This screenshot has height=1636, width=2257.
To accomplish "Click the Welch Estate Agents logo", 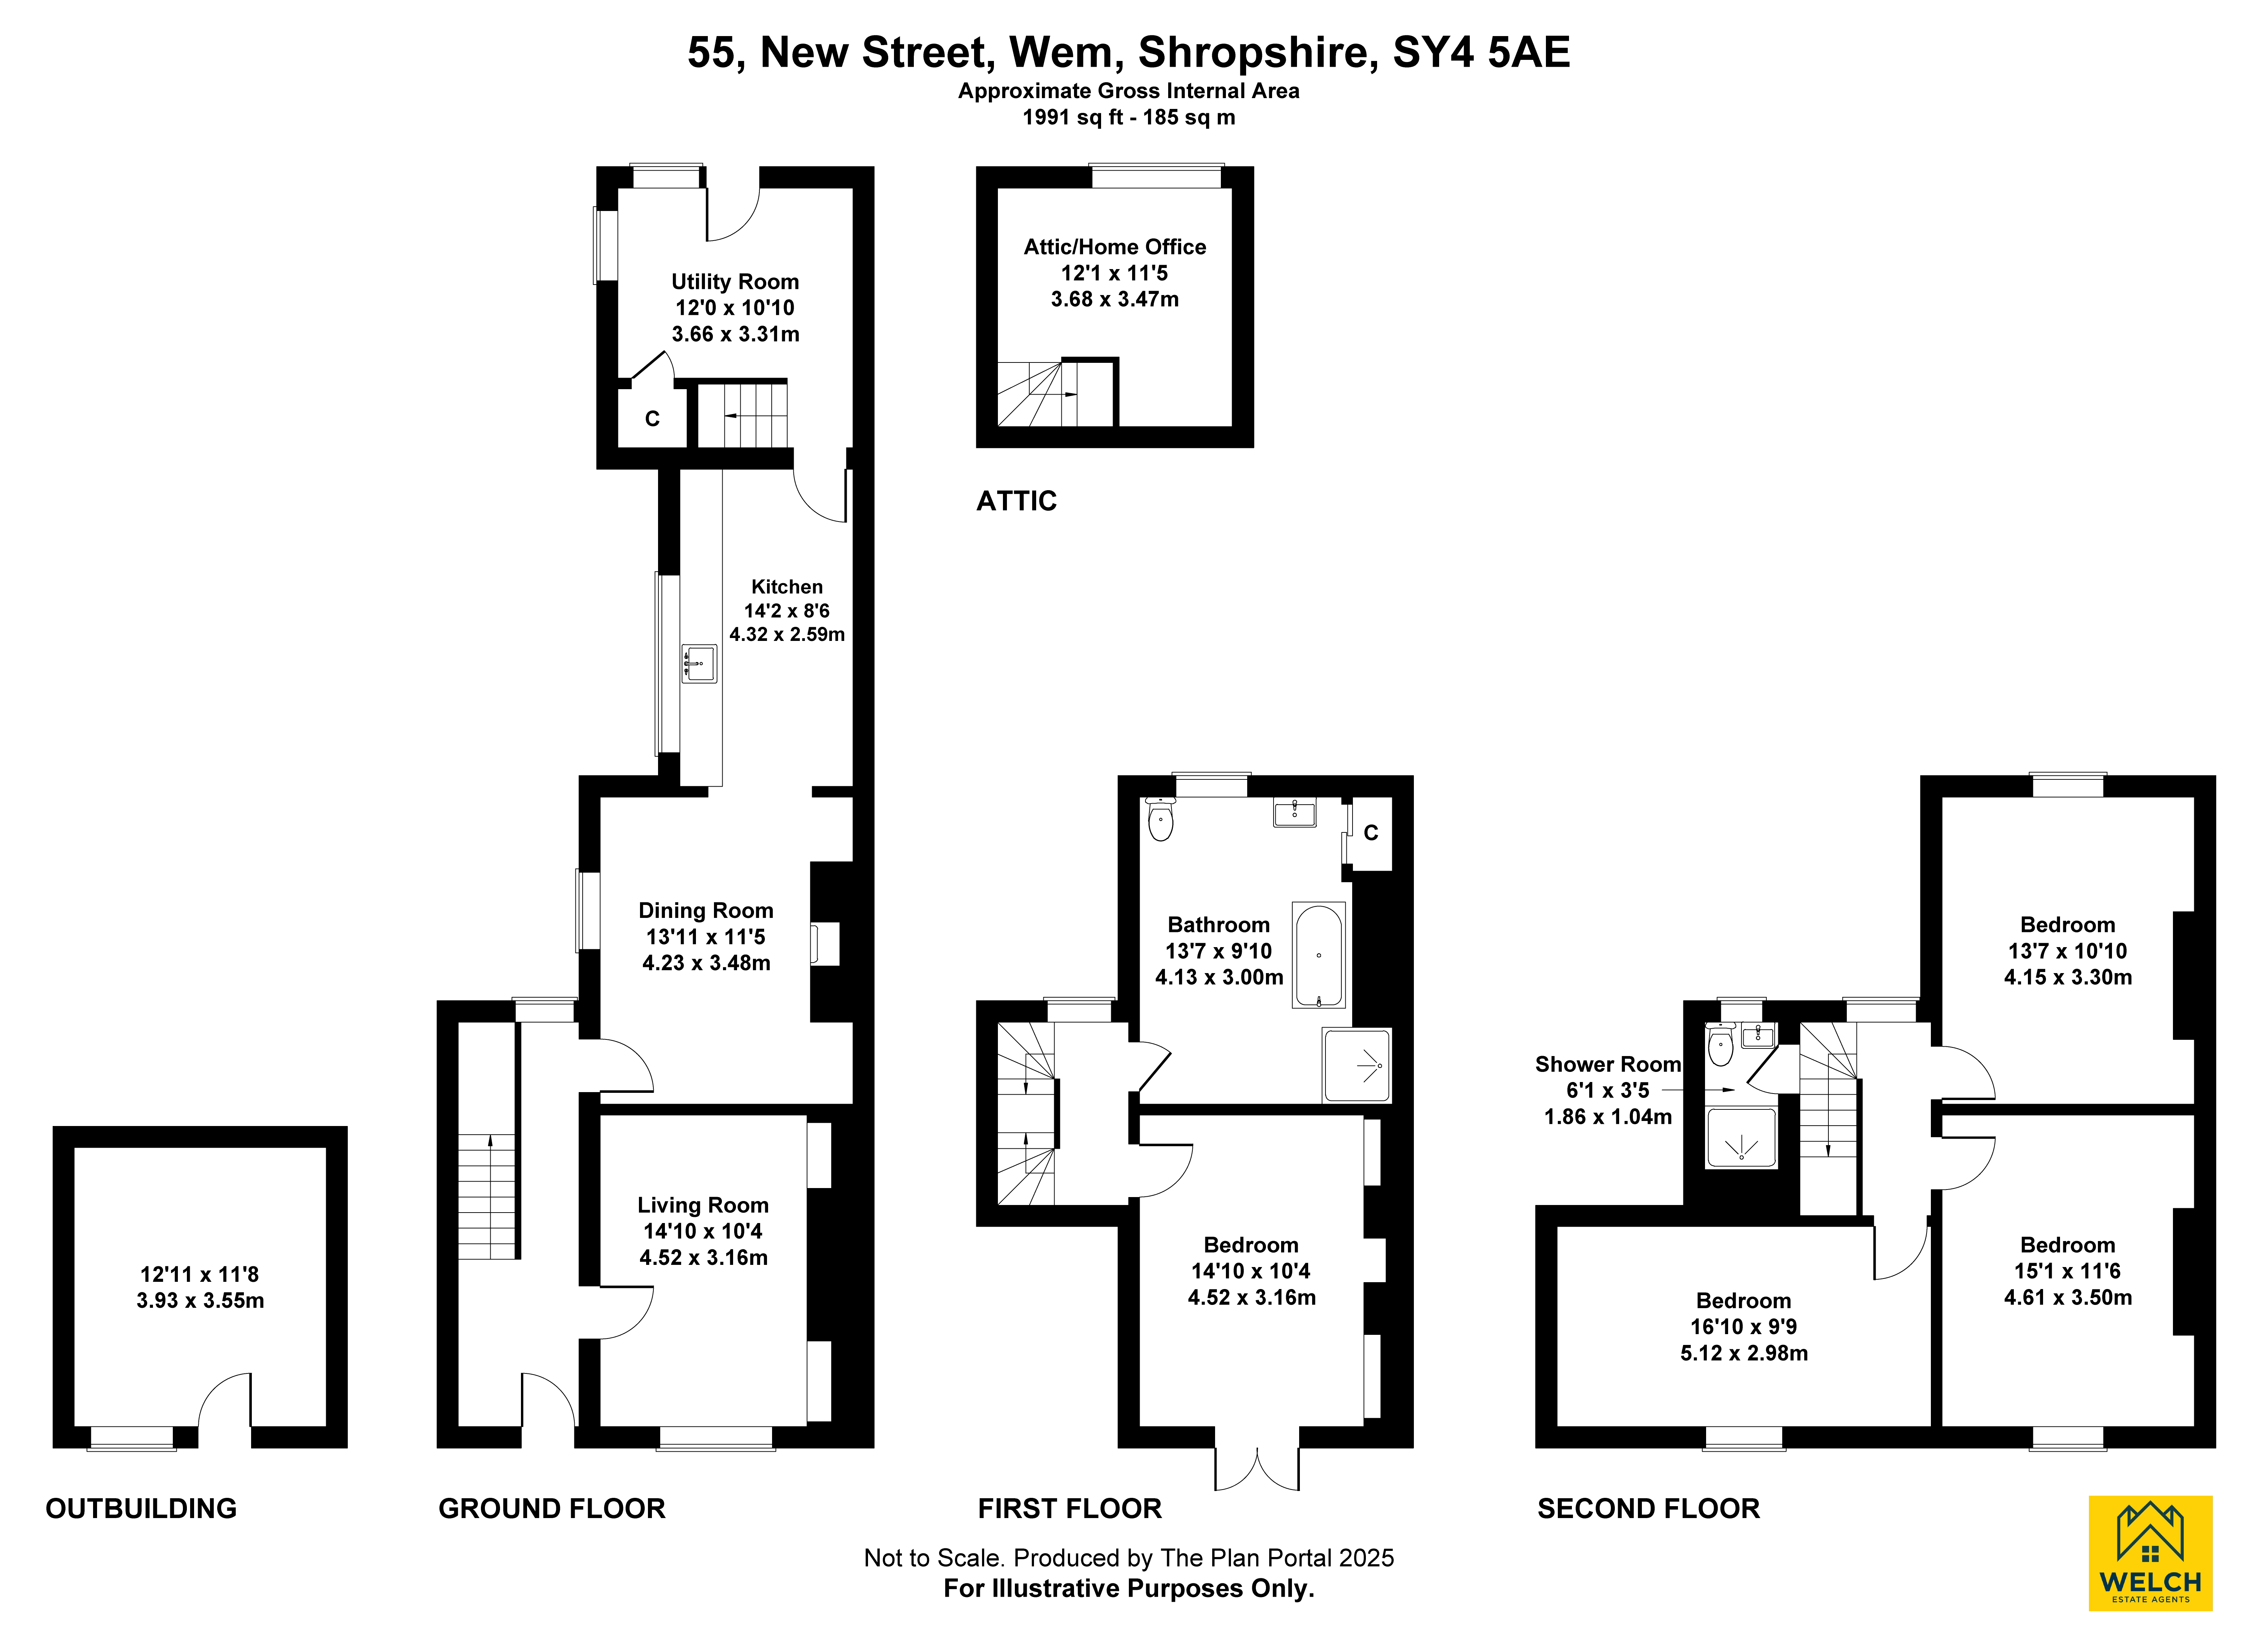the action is pyautogui.click(x=2149, y=1552).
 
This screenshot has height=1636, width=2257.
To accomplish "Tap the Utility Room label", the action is pyautogui.click(x=735, y=282).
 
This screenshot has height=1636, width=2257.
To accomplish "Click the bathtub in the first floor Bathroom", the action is pyautogui.click(x=1319, y=955).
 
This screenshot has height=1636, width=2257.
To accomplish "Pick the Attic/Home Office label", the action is pyautogui.click(x=1114, y=247).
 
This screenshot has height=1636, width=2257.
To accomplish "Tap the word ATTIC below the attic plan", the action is pyautogui.click(x=1016, y=501).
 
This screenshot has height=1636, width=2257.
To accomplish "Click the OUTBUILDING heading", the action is pyautogui.click(x=141, y=1509).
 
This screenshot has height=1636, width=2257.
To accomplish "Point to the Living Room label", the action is pyautogui.click(x=702, y=1205).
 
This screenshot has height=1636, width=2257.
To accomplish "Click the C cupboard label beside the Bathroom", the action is pyautogui.click(x=1370, y=833).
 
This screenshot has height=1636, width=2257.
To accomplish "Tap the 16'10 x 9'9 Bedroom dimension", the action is pyautogui.click(x=1744, y=1327).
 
